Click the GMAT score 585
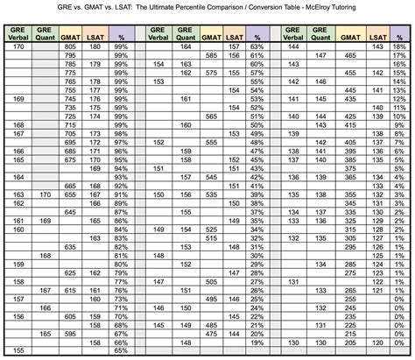click(210, 54)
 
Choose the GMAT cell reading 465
click(349, 54)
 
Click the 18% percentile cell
click(399, 45)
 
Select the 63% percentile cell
click(257, 54)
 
